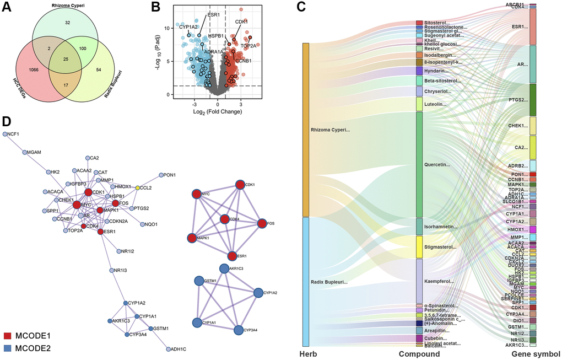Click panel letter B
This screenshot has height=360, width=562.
tap(156, 8)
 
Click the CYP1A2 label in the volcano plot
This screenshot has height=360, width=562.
tap(188, 26)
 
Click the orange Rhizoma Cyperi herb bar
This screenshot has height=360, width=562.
tap(306, 130)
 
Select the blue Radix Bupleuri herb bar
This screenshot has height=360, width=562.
tap(306, 281)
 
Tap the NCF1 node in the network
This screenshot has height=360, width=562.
tap(4, 134)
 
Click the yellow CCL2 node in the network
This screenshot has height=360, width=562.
tap(138, 187)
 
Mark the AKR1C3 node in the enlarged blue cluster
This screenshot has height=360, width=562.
tap(224, 268)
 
